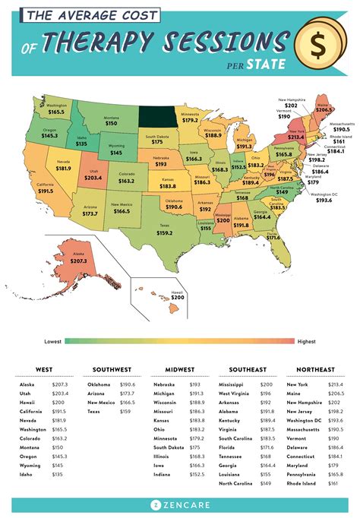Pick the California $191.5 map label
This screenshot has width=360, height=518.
click(x=47, y=190)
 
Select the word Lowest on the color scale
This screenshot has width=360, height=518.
click(x=52, y=341)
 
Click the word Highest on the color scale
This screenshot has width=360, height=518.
click(x=307, y=341)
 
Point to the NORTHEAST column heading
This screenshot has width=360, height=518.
click(x=314, y=369)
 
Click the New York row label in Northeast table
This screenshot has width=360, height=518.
click(x=298, y=385)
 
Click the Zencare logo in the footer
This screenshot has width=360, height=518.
click(x=179, y=503)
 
